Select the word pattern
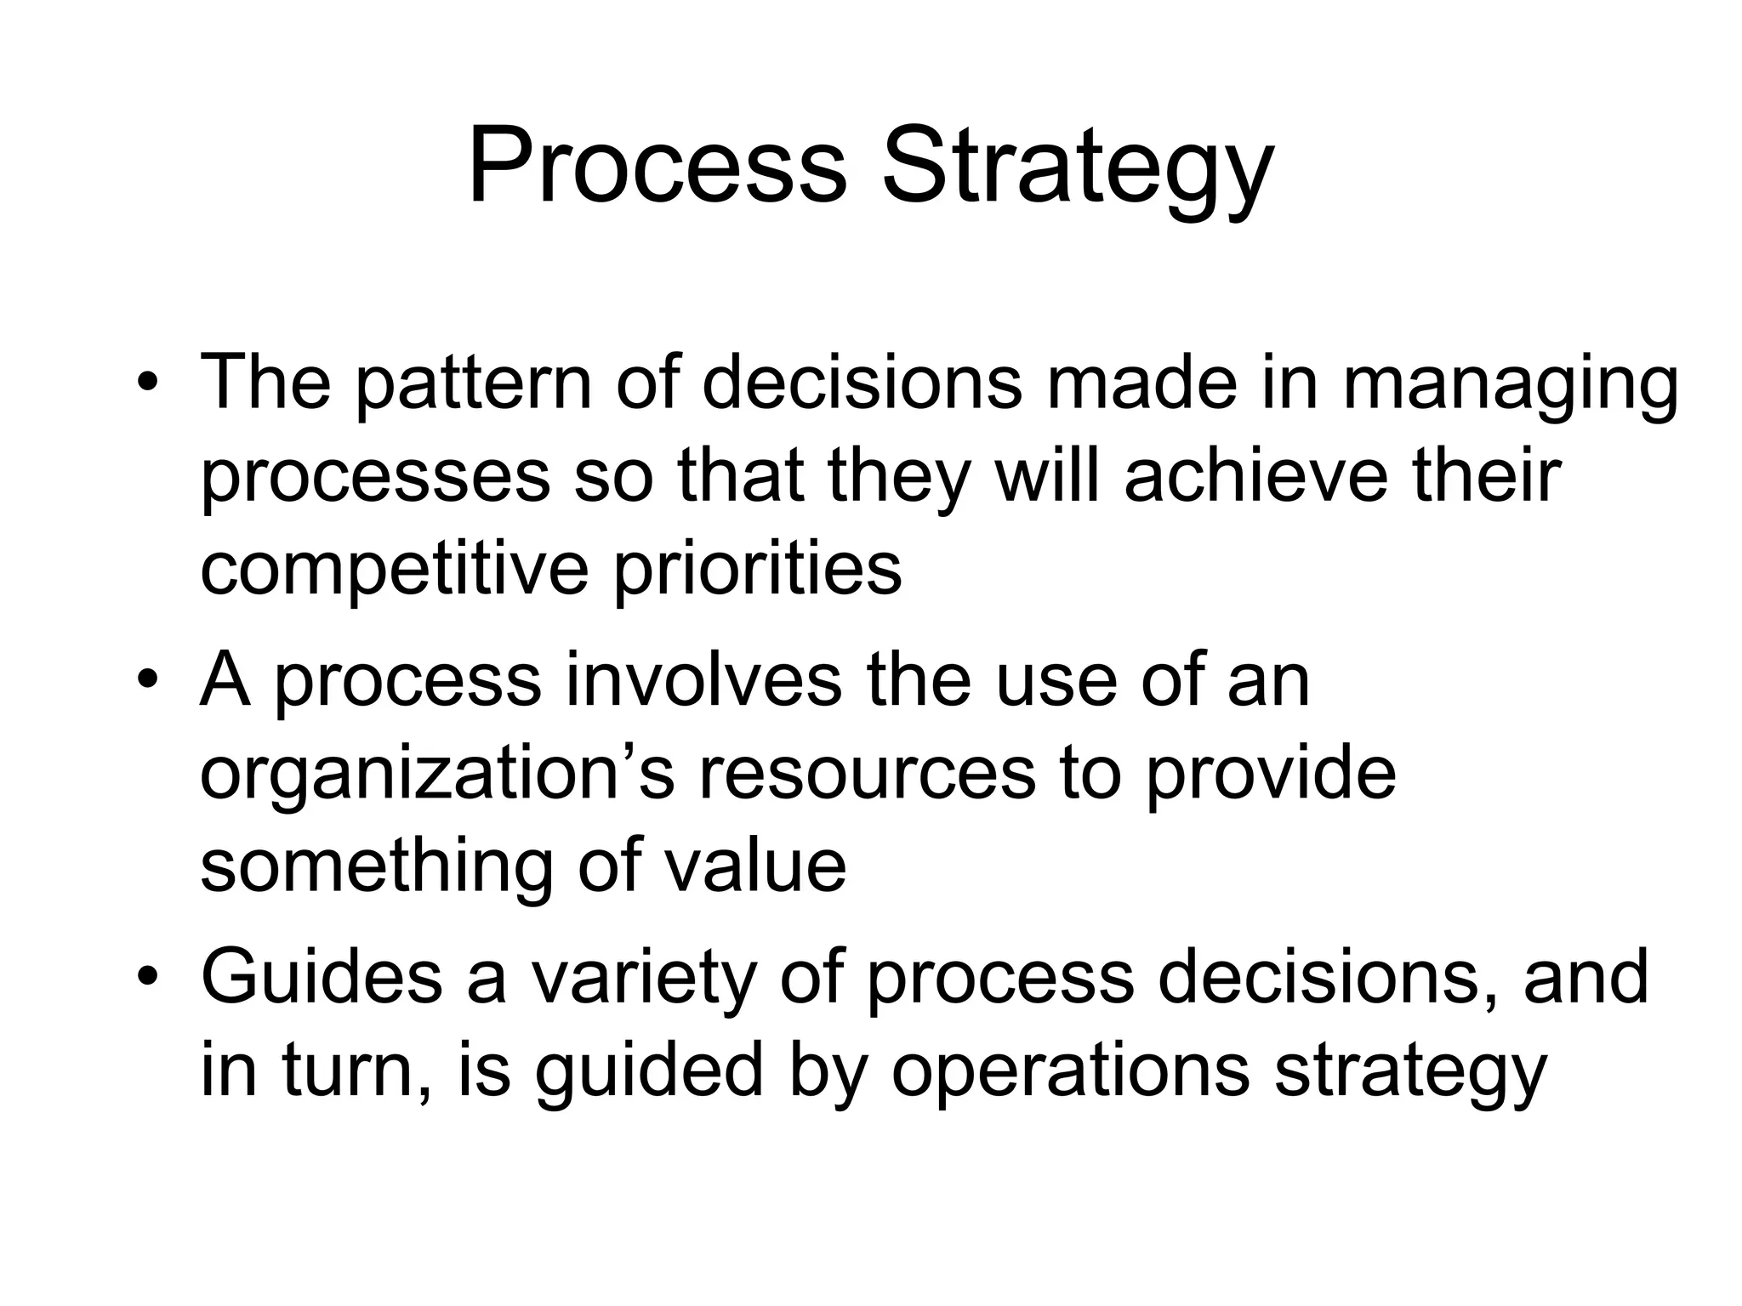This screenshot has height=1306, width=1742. point(472,384)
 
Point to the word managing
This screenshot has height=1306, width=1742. point(1510,387)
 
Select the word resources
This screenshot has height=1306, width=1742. point(867,775)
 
